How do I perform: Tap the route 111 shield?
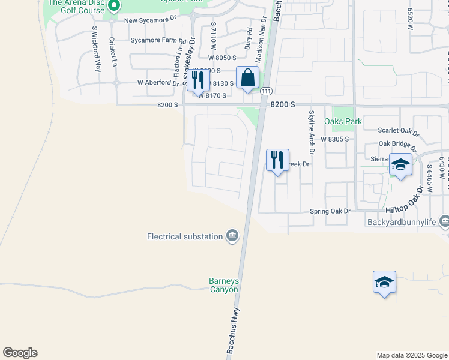pos(267,91)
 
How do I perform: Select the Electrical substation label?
pos(185,236)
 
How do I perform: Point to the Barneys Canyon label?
pos(223,285)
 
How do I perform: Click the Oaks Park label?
pos(343,121)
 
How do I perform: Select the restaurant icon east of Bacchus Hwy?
pos(277,160)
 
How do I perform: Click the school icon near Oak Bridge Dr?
pos(400,164)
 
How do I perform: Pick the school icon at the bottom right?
pos(384,282)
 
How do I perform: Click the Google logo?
pos(20,353)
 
